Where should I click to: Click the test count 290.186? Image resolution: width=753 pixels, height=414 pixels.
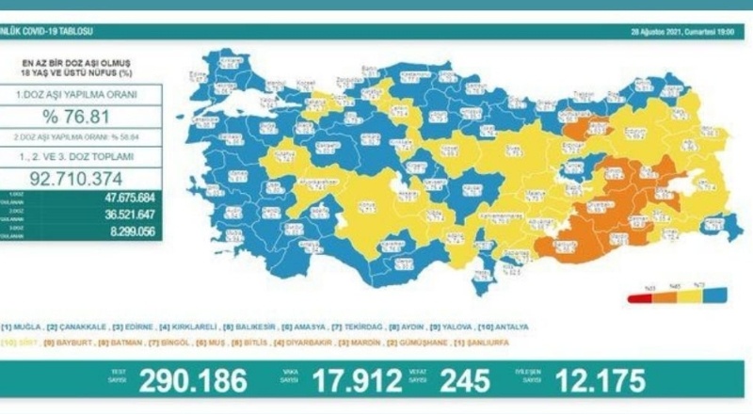(x=193, y=381)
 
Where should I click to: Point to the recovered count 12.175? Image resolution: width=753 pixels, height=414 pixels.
(x=600, y=381)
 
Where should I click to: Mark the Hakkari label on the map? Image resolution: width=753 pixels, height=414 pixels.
(x=715, y=222)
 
